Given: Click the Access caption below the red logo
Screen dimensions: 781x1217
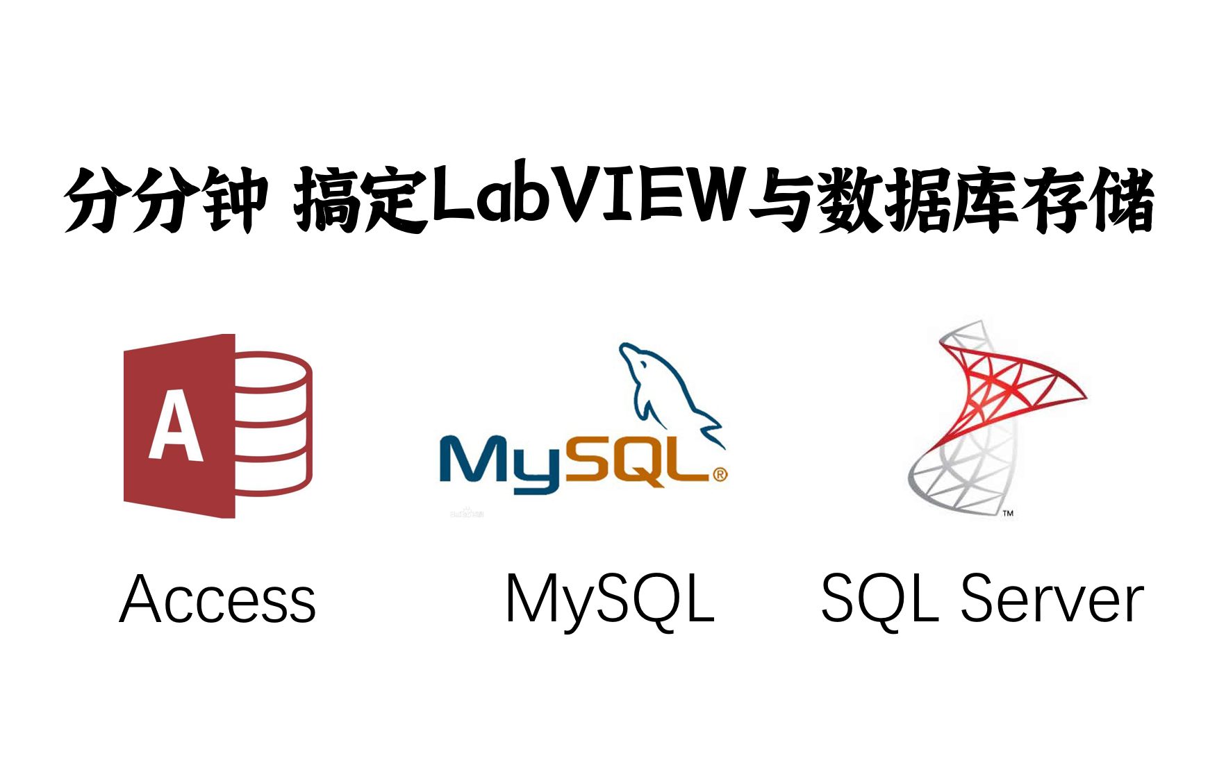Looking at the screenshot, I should (217, 599).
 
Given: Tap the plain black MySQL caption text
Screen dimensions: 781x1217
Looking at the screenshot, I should (610, 599).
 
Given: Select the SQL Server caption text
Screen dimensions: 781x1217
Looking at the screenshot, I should (982, 599).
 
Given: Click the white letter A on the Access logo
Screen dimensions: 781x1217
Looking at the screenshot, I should (176, 426).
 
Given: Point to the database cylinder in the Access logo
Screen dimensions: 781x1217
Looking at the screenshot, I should (273, 423).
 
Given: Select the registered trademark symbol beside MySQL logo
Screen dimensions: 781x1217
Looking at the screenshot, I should (720, 475).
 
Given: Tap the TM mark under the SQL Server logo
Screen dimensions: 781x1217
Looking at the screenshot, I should (1008, 513).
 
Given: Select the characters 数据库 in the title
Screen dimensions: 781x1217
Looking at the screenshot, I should (917, 199).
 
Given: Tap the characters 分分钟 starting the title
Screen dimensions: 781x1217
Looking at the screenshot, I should (165, 199).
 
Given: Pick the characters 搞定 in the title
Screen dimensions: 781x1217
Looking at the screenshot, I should (360, 199).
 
